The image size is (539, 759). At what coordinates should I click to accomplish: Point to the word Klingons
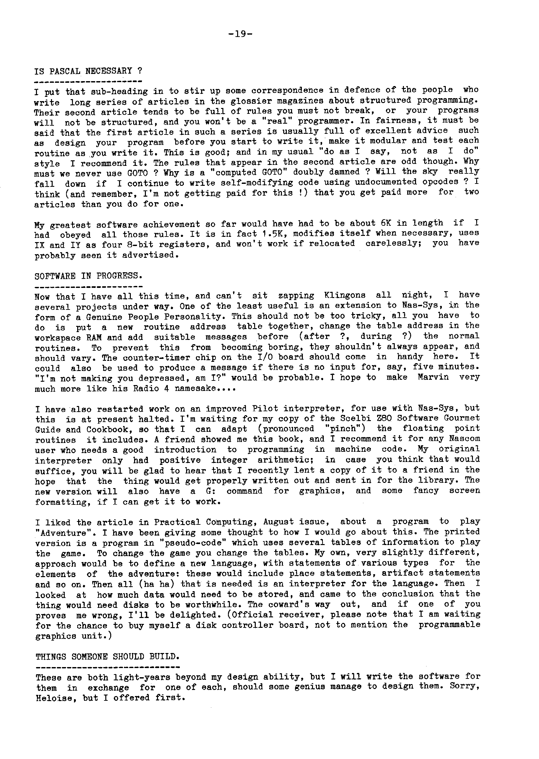click(x=344, y=295)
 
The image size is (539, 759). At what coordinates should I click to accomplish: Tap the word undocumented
click(x=386, y=182)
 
